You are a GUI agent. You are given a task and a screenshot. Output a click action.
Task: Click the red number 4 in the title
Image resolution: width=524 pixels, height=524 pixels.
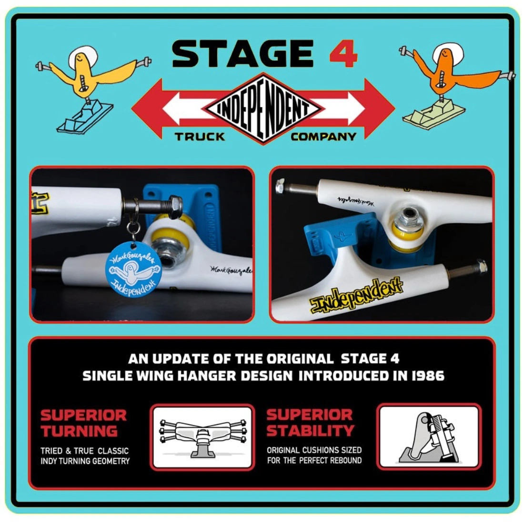(343, 53)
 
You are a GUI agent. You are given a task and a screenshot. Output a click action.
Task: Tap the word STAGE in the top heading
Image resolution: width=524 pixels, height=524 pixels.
(243, 53)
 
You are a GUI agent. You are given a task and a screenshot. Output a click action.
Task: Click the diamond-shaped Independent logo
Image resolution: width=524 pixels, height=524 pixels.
(263, 109)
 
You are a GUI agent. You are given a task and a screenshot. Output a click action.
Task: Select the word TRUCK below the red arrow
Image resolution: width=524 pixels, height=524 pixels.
(200, 136)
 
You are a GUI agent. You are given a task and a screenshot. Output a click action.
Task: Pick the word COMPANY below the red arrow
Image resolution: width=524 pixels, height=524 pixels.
(323, 136)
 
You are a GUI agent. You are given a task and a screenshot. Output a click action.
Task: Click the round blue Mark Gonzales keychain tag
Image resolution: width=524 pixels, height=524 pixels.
(133, 269)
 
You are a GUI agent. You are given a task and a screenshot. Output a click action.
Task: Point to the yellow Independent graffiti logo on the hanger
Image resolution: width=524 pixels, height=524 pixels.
(356, 295)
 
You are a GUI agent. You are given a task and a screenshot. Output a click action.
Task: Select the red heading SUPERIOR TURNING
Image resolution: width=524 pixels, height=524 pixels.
(83, 423)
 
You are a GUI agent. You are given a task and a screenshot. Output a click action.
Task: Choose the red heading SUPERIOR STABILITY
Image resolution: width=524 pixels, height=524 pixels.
(310, 423)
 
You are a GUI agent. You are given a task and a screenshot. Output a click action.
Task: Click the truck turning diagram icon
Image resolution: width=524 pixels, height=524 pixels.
(202, 437)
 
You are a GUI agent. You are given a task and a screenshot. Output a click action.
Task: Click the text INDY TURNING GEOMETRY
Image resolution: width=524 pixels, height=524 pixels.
(85, 461)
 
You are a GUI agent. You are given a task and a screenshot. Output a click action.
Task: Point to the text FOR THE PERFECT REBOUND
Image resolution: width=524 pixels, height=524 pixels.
(314, 461)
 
